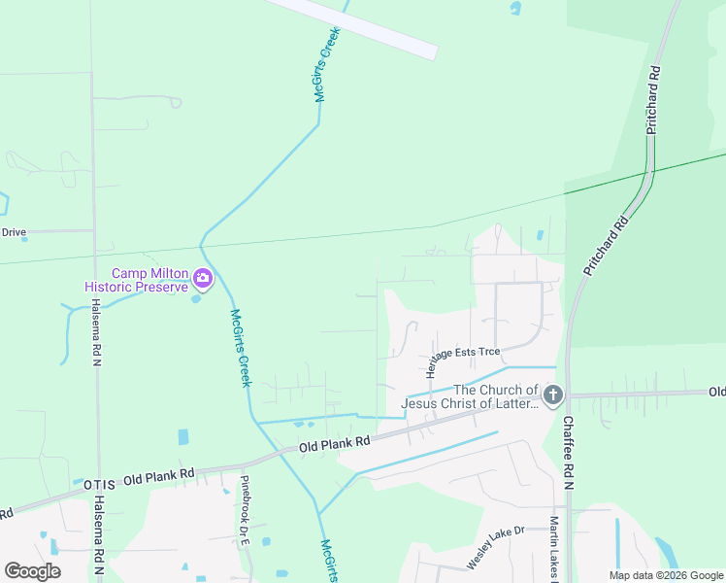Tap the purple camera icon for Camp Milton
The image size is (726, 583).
tap(203, 280)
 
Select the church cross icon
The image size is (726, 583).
tap(552, 395)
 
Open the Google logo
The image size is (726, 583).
tap(32, 571)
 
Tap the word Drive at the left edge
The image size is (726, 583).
tap(13, 232)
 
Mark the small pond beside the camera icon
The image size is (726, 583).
tap(197, 298)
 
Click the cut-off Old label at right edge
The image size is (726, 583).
tap(716, 392)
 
